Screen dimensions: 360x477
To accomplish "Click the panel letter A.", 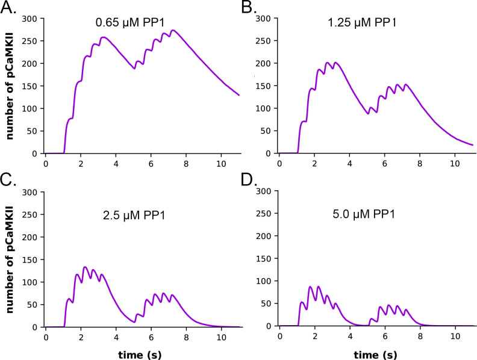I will coord(10,8).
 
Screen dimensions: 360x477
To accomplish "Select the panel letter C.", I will coord(10,182).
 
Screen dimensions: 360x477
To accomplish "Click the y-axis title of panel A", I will coord(10,86).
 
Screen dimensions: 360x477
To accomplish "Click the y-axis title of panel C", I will coord(10,259).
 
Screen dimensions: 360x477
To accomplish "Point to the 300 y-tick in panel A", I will coord(31,19).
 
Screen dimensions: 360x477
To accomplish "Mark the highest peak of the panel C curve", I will coord(85,267).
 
